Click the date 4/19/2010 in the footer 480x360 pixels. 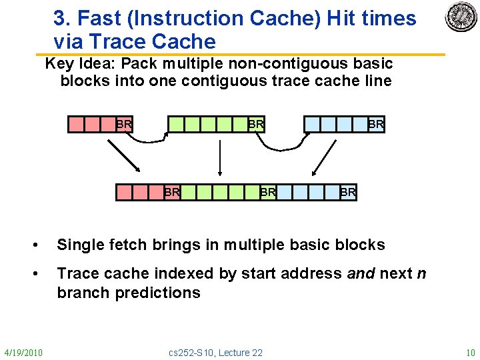point(23,352)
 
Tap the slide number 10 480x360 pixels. point(470,352)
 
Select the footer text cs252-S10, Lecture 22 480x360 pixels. point(216,352)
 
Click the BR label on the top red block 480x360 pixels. point(124,124)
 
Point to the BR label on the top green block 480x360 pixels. point(256,124)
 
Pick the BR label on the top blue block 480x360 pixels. point(376,124)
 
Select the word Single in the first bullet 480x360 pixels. point(79,245)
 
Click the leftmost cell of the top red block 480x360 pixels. point(76,124)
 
